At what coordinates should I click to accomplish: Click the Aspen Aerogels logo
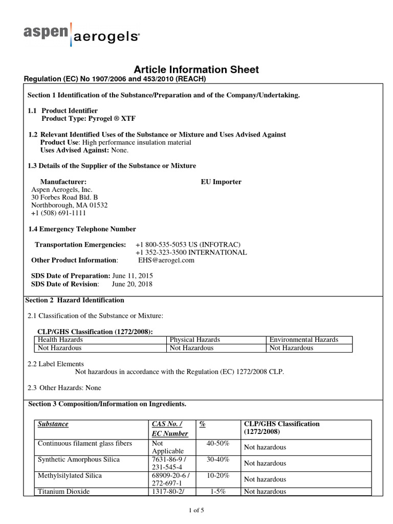tap(81, 34)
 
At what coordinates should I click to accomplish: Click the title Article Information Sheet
tap(196, 70)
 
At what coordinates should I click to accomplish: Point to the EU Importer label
tap(221, 182)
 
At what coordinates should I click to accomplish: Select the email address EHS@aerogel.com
tap(166, 260)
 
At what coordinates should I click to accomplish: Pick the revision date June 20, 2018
tap(132, 284)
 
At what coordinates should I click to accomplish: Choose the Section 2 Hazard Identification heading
tap(75, 300)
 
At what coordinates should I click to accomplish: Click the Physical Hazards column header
tap(195, 340)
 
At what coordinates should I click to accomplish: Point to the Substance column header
tap(53, 424)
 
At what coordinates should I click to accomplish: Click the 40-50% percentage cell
tap(217, 443)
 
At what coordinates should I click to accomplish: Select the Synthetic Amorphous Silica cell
tap(79, 460)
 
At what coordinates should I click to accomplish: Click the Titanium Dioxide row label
tap(64, 492)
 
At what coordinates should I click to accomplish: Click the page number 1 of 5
tap(196, 510)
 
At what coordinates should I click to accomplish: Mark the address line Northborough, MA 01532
tap(70, 205)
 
